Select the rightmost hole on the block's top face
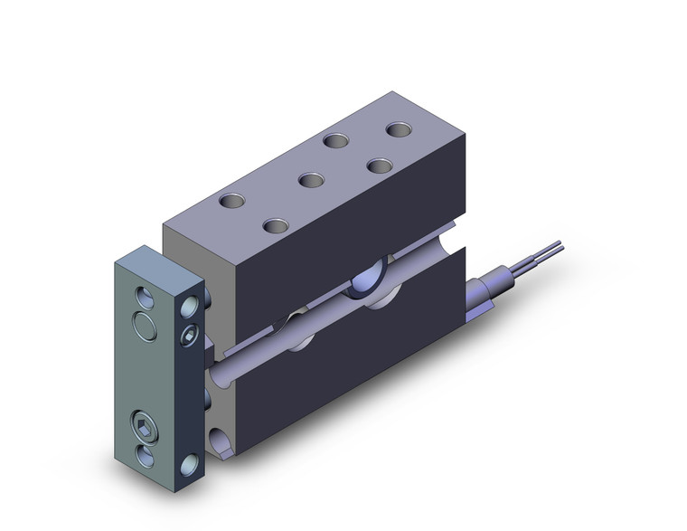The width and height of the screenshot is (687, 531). click(x=399, y=129)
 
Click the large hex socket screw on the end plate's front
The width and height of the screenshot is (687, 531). click(x=147, y=426)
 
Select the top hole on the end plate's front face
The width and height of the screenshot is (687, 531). click(x=146, y=296)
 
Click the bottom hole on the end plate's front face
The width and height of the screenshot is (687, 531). click(x=147, y=453)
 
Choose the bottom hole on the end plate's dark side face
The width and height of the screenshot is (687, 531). click(x=190, y=466)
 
